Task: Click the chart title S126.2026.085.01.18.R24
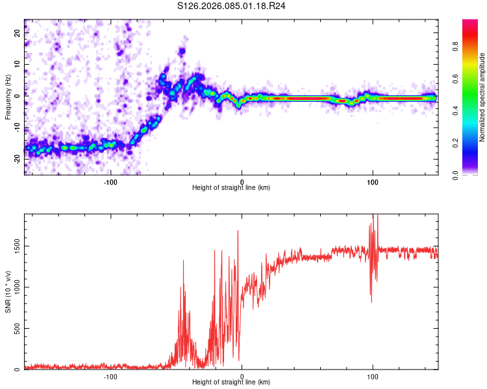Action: pyautogui.click(x=232, y=6)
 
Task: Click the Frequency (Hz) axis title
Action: pyautogui.click(x=7, y=96)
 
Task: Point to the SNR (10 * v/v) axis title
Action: pyautogui.click(x=7, y=292)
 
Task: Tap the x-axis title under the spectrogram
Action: pyautogui.click(x=231, y=187)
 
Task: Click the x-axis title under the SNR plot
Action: pyautogui.click(x=231, y=383)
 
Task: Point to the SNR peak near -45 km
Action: pyautogui.click(x=183, y=261)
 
